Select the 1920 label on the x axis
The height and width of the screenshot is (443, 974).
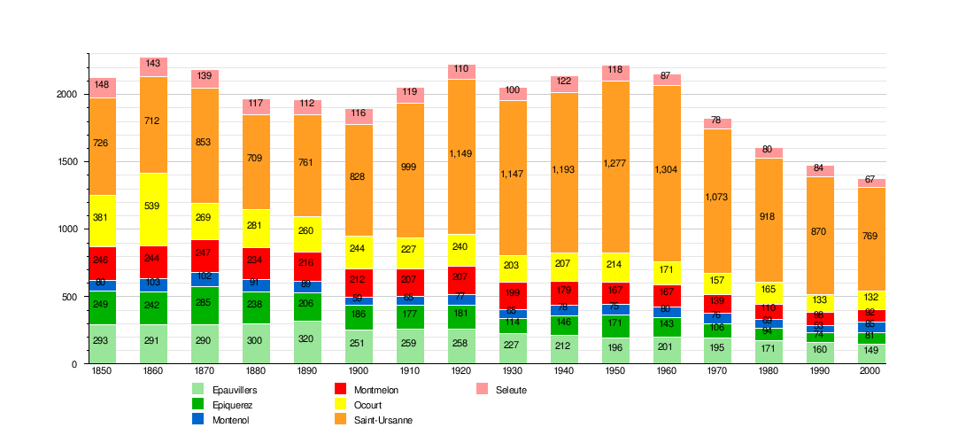coord(461,370)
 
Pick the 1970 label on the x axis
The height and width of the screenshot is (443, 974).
coord(717,370)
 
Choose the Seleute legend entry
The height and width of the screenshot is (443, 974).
coord(511,390)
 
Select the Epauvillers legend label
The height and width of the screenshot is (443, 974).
coord(235,390)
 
